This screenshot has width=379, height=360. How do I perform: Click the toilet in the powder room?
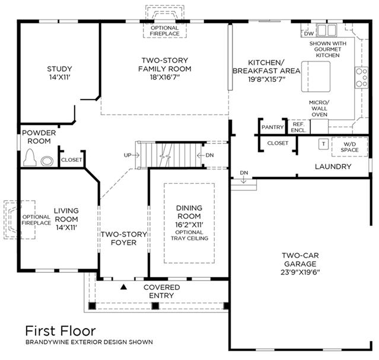(x=30, y=157)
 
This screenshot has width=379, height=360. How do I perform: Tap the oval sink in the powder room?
(x=47, y=161)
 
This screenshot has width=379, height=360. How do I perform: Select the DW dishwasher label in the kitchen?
(x=308, y=34)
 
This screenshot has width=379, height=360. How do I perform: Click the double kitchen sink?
(x=327, y=30)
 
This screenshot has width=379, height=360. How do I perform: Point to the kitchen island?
(x=316, y=77)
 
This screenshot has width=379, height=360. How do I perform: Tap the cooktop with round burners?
(x=361, y=78)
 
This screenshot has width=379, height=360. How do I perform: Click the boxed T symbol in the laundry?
(x=323, y=144)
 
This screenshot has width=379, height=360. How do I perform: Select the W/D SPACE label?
(x=349, y=147)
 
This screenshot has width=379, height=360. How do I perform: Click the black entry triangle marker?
(x=124, y=287)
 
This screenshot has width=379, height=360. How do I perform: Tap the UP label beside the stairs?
(x=128, y=155)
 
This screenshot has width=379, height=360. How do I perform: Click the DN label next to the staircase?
(x=209, y=155)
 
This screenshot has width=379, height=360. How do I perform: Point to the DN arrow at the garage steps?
(x=244, y=180)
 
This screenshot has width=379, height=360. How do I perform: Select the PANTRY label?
(x=273, y=127)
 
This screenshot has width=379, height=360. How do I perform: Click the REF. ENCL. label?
(x=298, y=127)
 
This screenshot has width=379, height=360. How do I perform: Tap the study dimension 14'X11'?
(x=59, y=77)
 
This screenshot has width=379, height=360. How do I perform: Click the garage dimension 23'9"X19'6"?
(x=300, y=272)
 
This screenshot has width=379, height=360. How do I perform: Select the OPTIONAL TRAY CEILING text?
(x=190, y=235)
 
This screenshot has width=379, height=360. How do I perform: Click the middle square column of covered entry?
(x=155, y=306)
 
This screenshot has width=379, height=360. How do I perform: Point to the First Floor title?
(x=60, y=331)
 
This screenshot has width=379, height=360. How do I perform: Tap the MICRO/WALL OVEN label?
(x=319, y=109)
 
